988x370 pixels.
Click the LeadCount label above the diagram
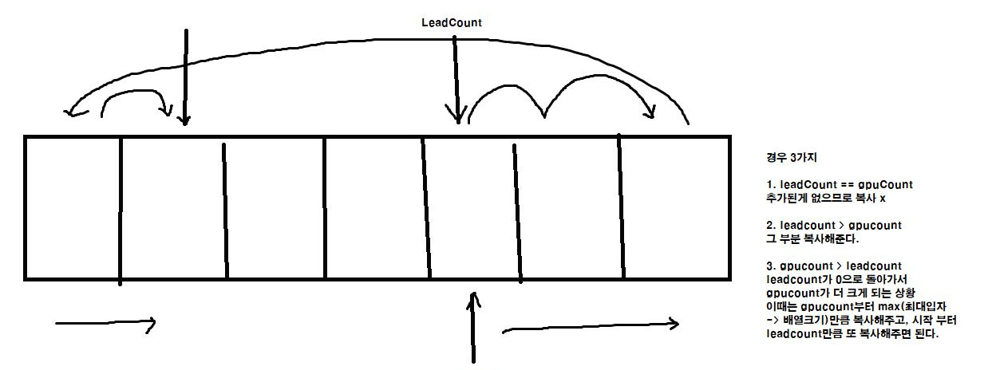[x=452, y=22]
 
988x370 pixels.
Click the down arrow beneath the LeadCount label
[x=456, y=80]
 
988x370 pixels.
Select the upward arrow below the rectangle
[x=475, y=327]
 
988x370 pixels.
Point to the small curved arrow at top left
[x=136, y=100]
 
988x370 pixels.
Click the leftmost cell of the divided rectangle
[x=73, y=207]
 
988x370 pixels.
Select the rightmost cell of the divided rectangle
[x=676, y=207]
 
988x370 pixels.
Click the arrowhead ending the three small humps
[x=650, y=114]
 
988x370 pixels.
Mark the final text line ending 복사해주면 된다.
[x=852, y=334]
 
